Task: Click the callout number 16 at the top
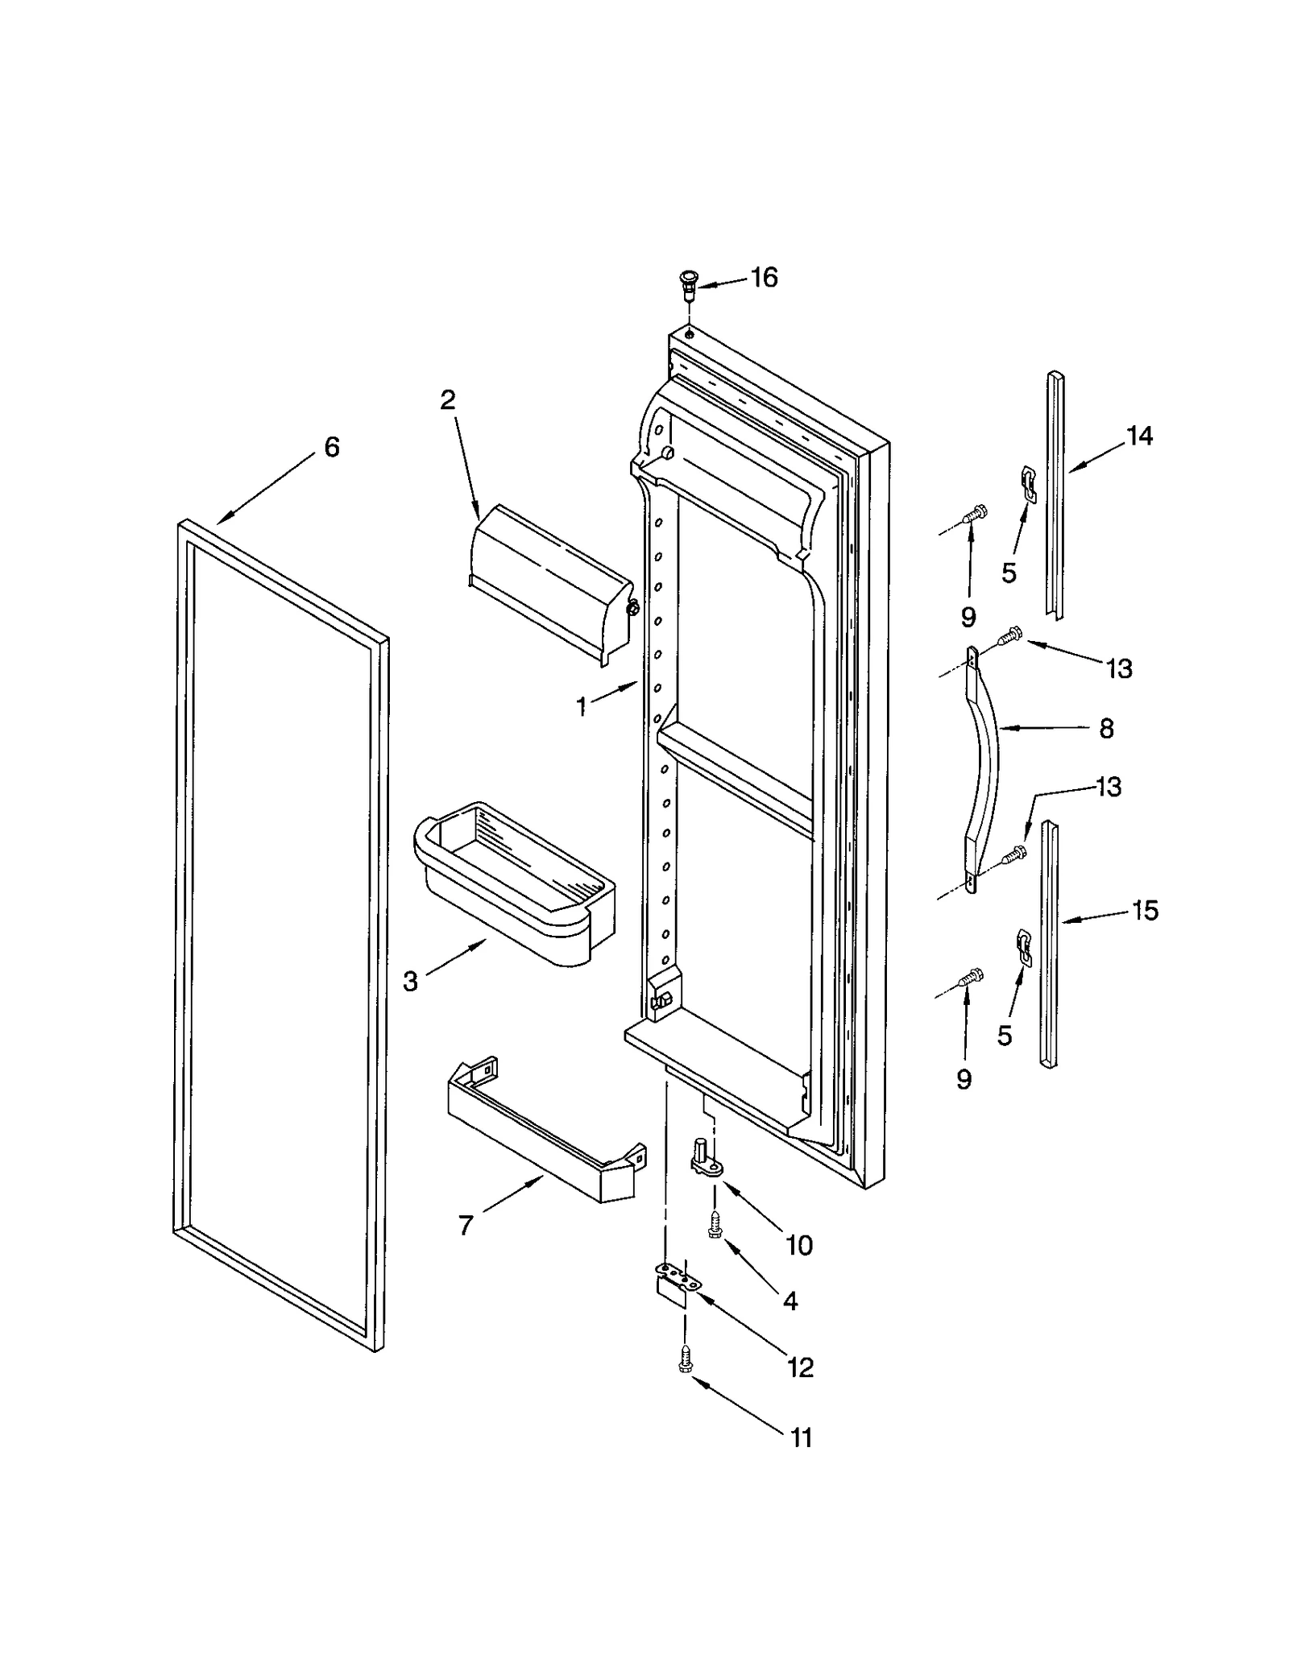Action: pyautogui.click(x=764, y=278)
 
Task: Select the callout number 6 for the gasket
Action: pyautogui.click(x=331, y=447)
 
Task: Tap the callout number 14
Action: pyautogui.click(x=1139, y=436)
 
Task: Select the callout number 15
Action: pyautogui.click(x=1144, y=911)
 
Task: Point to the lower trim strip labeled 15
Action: pyautogui.click(x=1049, y=942)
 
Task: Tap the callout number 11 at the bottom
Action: pyautogui.click(x=801, y=1437)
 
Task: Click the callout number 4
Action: pyautogui.click(x=790, y=1301)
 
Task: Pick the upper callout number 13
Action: pyautogui.click(x=1119, y=668)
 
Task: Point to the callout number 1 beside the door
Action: pyautogui.click(x=581, y=707)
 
